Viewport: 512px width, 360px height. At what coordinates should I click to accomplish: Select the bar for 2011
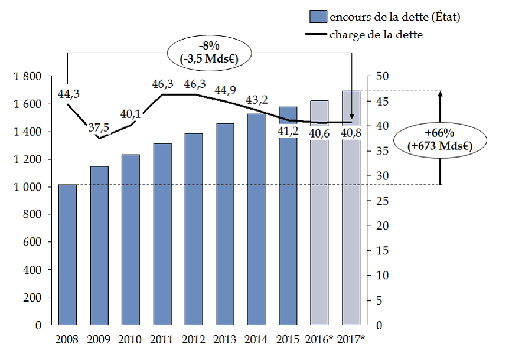click(162, 234)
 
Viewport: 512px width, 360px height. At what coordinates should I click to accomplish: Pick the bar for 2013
click(225, 224)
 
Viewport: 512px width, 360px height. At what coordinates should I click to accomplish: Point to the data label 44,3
click(68, 93)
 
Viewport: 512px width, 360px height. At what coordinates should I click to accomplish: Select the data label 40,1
click(131, 114)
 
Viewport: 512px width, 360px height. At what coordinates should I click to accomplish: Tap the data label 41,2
click(288, 130)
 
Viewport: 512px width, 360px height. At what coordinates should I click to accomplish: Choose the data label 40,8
click(352, 133)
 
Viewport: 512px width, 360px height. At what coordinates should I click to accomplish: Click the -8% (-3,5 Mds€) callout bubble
click(209, 52)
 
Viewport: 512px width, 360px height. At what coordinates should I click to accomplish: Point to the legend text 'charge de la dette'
click(376, 35)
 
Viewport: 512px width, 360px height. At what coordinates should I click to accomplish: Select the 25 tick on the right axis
click(383, 201)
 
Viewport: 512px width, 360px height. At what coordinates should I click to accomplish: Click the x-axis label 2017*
click(353, 339)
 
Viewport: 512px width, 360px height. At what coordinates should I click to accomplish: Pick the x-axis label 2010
click(130, 339)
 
